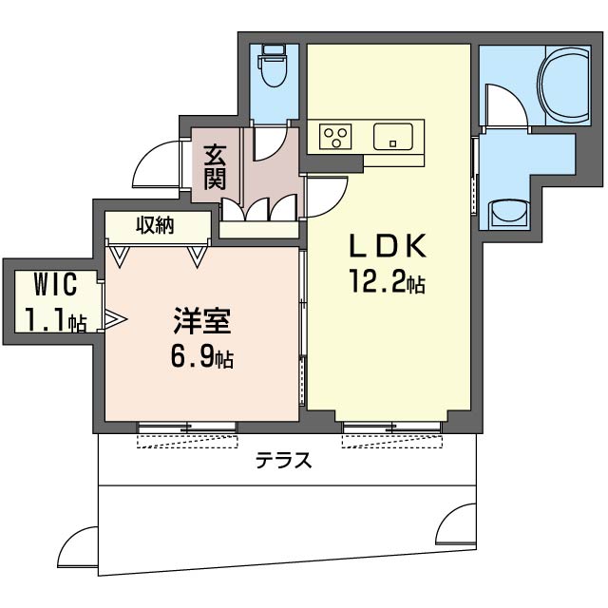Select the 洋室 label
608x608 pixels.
(201, 322)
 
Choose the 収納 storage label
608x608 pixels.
(157, 225)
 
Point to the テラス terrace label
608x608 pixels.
(282, 462)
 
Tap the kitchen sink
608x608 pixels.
(392, 137)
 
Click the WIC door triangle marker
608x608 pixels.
(113, 320)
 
